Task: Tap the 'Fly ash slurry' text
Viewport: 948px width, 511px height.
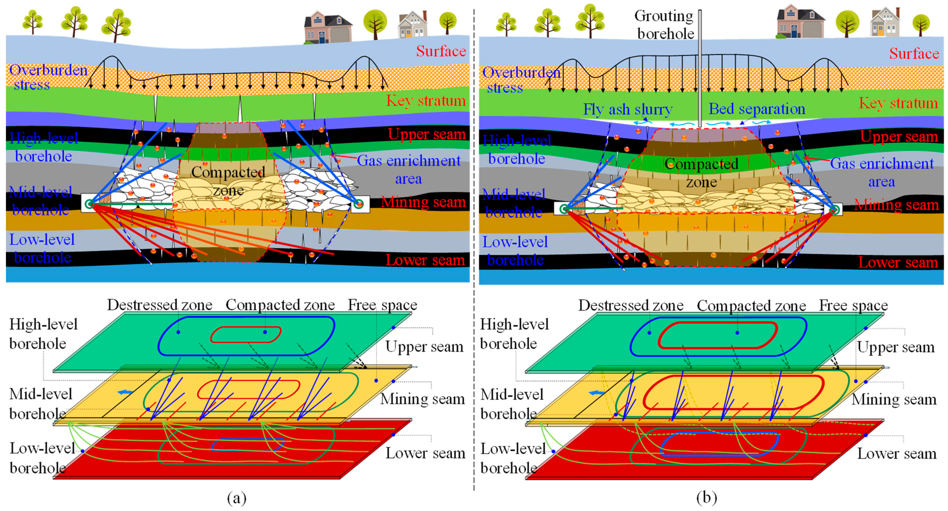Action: click(628, 109)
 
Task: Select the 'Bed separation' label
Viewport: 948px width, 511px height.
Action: click(757, 109)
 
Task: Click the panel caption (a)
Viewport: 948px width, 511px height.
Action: click(237, 498)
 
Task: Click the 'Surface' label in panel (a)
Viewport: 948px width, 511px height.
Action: click(441, 51)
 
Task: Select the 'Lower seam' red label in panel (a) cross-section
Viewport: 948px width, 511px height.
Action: click(425, 260)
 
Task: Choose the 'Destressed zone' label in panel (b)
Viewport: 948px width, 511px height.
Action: click(631, 305)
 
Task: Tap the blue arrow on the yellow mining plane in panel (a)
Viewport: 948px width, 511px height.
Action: click(125, 392)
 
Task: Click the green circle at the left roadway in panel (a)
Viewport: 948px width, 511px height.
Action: click(89, 204)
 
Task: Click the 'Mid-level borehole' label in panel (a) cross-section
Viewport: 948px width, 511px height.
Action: click(40, 201)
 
